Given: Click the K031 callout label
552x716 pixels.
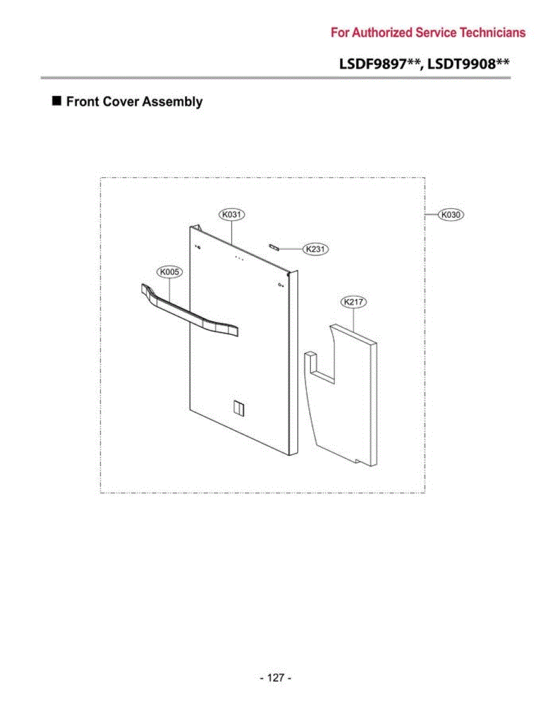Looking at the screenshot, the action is click(232, 215).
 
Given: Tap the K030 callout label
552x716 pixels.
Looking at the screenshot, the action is click(451, 215).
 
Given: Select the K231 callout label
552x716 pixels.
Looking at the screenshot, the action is click(315, 249).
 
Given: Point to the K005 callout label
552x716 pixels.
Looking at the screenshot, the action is click(169, 272).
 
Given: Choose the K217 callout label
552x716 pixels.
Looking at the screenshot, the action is click(353, 301).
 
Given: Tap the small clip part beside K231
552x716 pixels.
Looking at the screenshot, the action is click(274, 248).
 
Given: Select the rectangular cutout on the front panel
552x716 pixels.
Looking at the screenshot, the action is click(239, 409).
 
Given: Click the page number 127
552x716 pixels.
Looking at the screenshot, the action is click(276, 677).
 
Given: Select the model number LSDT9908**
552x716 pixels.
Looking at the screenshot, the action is click(468, 64).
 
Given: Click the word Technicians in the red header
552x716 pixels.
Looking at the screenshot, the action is click(493, 33).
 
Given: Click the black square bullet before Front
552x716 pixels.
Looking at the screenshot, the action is click(57, 101).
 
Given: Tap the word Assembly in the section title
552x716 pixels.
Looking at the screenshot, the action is click(172, 102).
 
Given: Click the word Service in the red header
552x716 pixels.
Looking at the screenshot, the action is click(436, 33).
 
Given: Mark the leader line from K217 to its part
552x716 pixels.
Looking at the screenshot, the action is click(353, 320).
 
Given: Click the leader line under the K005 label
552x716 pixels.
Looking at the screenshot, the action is click(169, 289).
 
